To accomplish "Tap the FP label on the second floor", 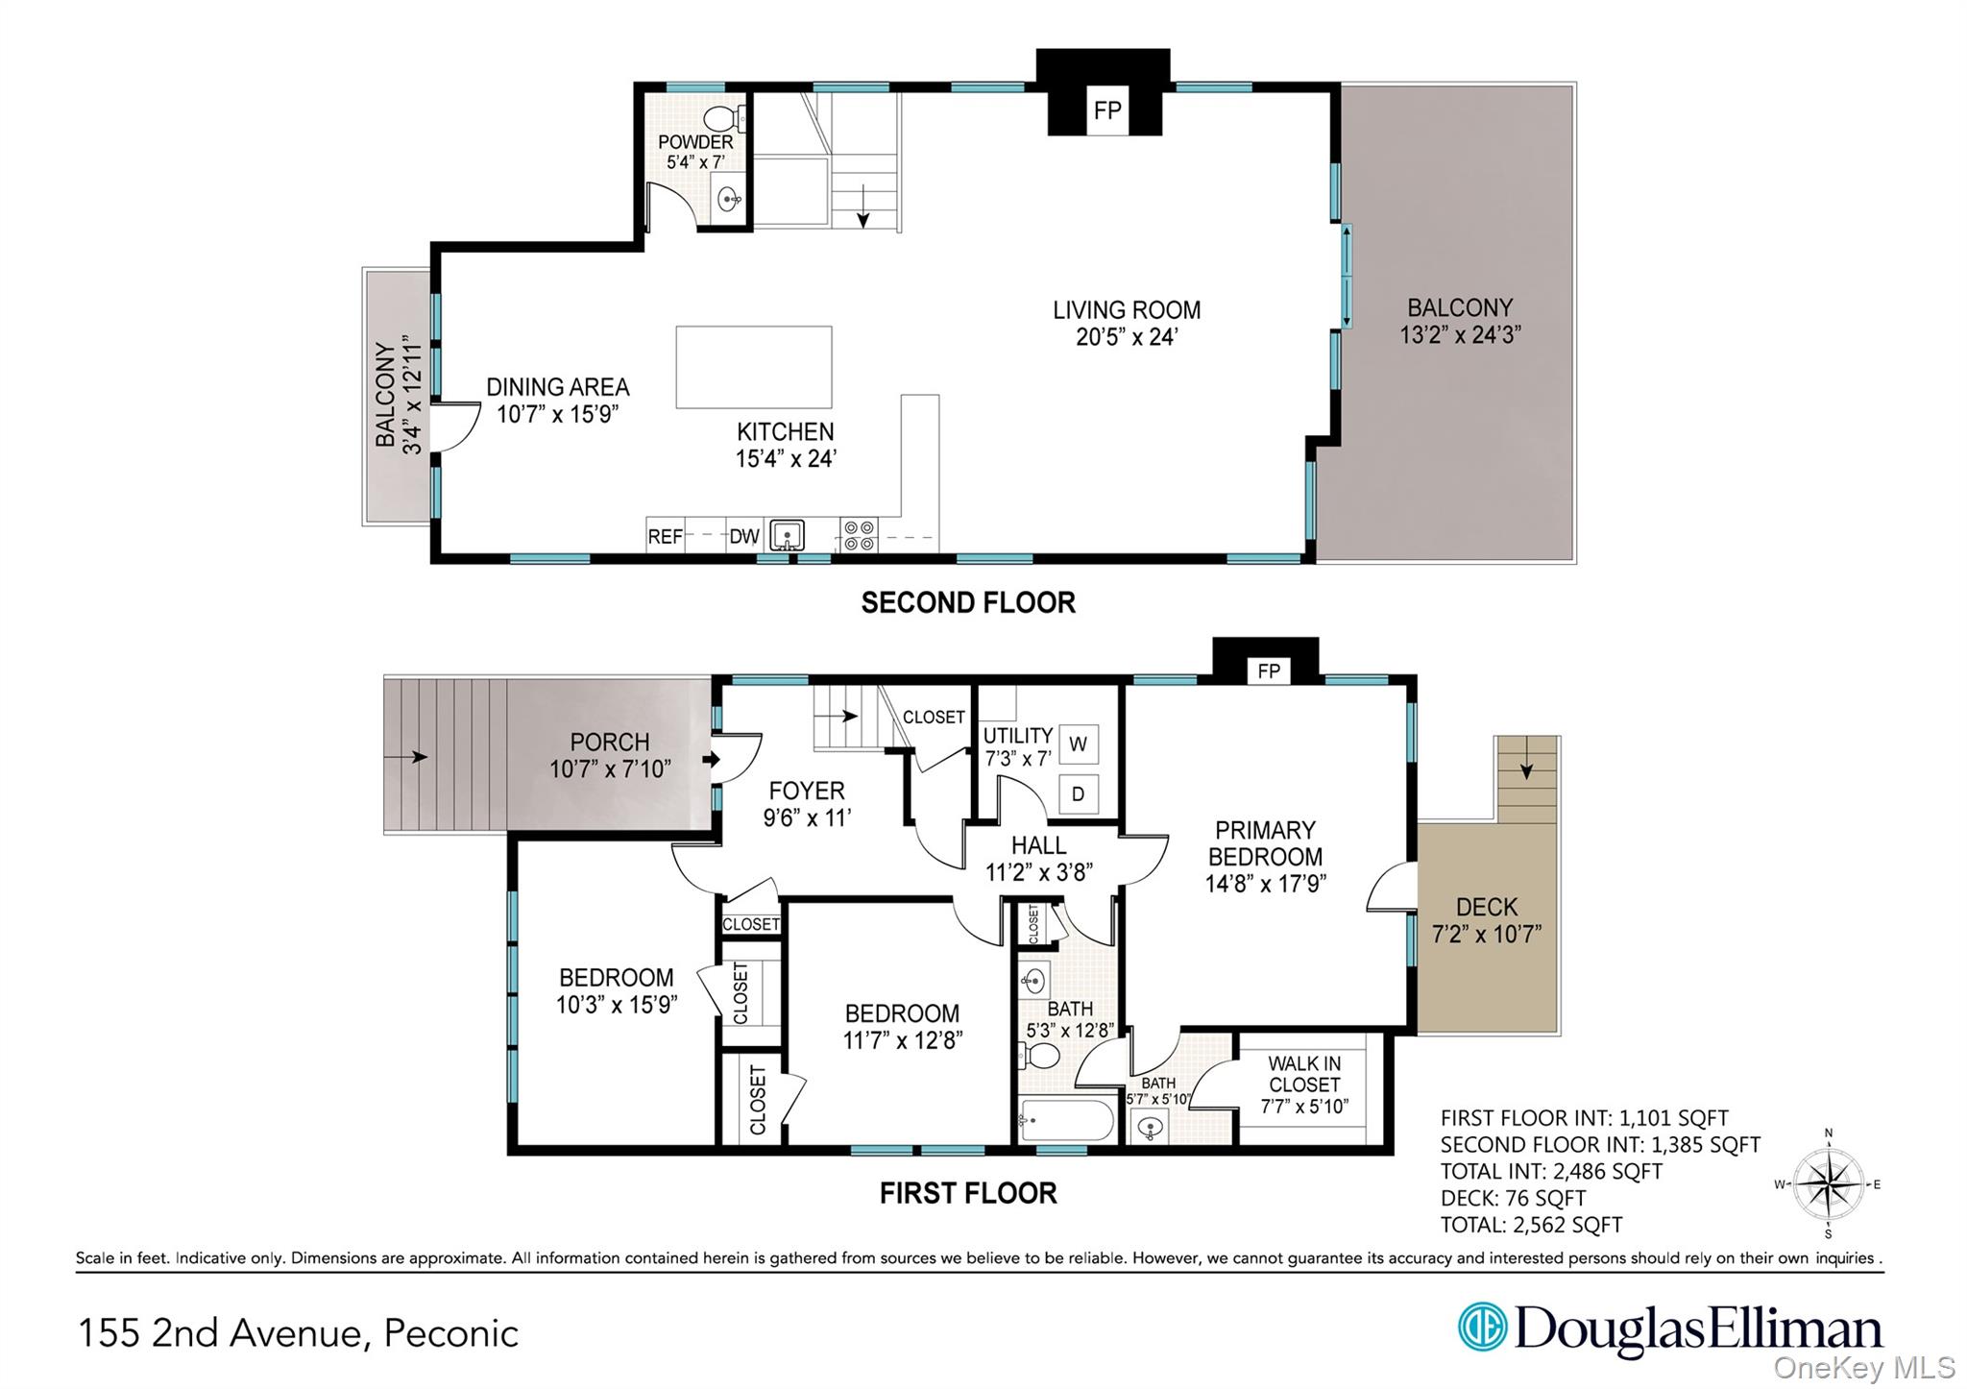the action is pyautogui.click(x=1107, y=110).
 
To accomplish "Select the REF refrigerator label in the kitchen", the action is pyautogui.click(x=665, y=537).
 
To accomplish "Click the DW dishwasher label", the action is pyautogui.click(x=743, y=537).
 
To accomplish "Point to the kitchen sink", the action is pyautogui.click(x=788, y=535).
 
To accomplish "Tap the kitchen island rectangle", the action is pyautogui.click(x=754, y=367).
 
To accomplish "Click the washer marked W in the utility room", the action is pyautogui.click(x=1078, y=744).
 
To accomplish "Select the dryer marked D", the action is pyautogui.click(x=1078, y=794).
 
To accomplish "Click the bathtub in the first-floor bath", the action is pyautogui.click(x=1067, y=1120).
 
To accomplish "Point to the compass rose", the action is pyautogui.click(x=1828, y=1184).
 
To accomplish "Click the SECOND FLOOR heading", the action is pyautogui.click(x=968, y=602).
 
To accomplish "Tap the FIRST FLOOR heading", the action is pyautogui.click(x=968, y=1193).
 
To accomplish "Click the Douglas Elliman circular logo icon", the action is pyautogui.click(x=1482, y=1327).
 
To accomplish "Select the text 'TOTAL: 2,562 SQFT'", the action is pyautogui.click(x=1531, y=1225).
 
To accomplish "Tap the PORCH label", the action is pyautogui.click(x=610, y=743).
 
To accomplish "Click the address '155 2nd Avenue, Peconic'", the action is pyautogui.click(x=298, y=1333).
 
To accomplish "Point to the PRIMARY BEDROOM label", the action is pyautogui.click(x=1265, y=843).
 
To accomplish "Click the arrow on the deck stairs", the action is pyautogui.click(x=1526, y=765).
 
